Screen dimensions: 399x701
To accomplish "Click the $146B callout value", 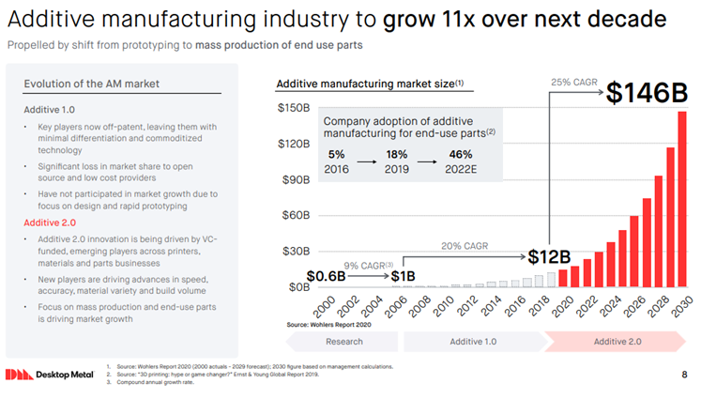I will [x=647, y=94].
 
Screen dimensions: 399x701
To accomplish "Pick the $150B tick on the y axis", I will [x=294, y=108].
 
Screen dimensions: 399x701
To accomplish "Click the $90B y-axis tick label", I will [x=294, y=179].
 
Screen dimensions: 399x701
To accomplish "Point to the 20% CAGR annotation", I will [x=465, y=246].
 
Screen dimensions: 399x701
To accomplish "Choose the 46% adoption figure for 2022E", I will [x=461, y=155].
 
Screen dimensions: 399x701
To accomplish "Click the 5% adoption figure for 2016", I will [x=337, y=155].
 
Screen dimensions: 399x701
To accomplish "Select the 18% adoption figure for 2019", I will [x=396, y=155].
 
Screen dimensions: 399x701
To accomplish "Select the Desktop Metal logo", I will [x=46, y=375].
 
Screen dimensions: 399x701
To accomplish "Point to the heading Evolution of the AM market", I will [x=91, y=84].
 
